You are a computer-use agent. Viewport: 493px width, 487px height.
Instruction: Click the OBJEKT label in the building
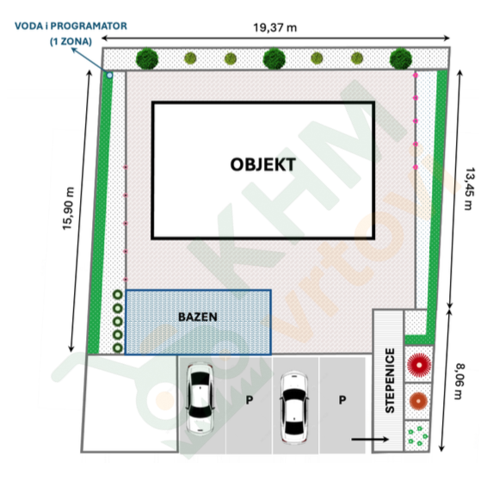263,164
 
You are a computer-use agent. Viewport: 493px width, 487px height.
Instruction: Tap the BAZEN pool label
198,317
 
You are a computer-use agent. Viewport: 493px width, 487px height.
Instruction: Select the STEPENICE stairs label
390,380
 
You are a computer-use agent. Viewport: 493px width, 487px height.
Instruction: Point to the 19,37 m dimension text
275,28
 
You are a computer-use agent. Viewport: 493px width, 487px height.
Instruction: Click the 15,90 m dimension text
68,208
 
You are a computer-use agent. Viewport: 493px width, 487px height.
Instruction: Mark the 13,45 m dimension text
469,189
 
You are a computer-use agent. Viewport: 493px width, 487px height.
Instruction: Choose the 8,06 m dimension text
459,381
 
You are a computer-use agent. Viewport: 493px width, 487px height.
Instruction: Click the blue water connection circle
109,75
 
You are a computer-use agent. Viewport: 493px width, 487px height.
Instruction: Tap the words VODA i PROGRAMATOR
71,26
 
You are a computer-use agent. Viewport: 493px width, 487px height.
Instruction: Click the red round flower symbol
419,365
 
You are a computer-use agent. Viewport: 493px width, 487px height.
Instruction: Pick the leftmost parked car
200,398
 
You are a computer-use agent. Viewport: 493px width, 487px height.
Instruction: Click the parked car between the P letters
294,408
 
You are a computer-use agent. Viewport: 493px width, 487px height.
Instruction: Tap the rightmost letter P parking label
342,400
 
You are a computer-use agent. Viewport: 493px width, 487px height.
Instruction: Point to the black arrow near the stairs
370,439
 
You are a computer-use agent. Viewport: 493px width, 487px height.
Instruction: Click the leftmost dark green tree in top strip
147,59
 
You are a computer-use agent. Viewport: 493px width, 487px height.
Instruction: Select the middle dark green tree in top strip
274,59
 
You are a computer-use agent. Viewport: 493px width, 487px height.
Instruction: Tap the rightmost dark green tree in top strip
401,59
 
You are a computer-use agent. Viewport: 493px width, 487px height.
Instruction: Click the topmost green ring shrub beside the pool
118,294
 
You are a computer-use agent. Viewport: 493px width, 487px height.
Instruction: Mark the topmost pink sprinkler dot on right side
416,76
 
